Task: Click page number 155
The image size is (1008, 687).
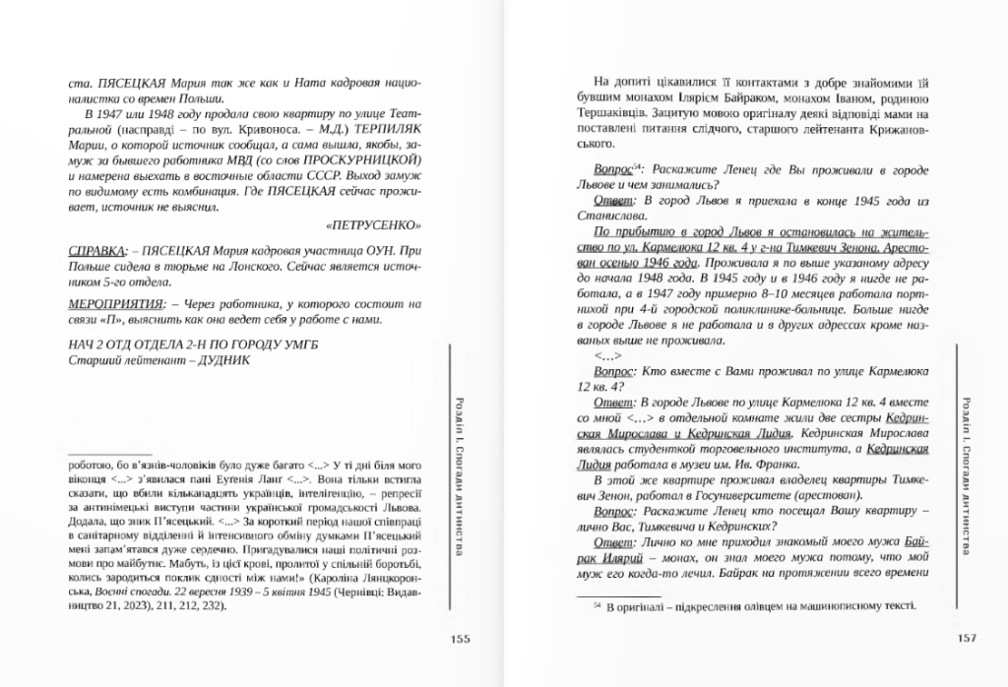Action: [459, 638]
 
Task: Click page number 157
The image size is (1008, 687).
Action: [966, 638]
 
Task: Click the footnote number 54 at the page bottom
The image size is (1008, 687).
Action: [598, 607]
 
